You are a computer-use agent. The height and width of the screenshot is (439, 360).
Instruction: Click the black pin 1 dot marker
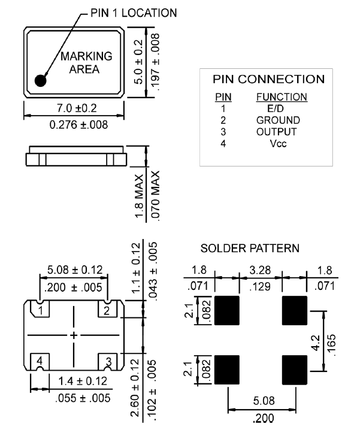coord(41,80)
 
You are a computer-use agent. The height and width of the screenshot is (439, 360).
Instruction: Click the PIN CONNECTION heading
coord(269,79)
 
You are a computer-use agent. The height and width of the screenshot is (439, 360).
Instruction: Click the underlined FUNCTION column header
coord(281,96)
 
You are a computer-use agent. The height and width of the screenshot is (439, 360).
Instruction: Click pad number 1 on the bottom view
coord(40,310)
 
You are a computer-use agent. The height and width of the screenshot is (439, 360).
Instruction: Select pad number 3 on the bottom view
coord(108,361)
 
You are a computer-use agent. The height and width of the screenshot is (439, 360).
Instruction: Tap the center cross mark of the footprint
coord(74,335)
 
